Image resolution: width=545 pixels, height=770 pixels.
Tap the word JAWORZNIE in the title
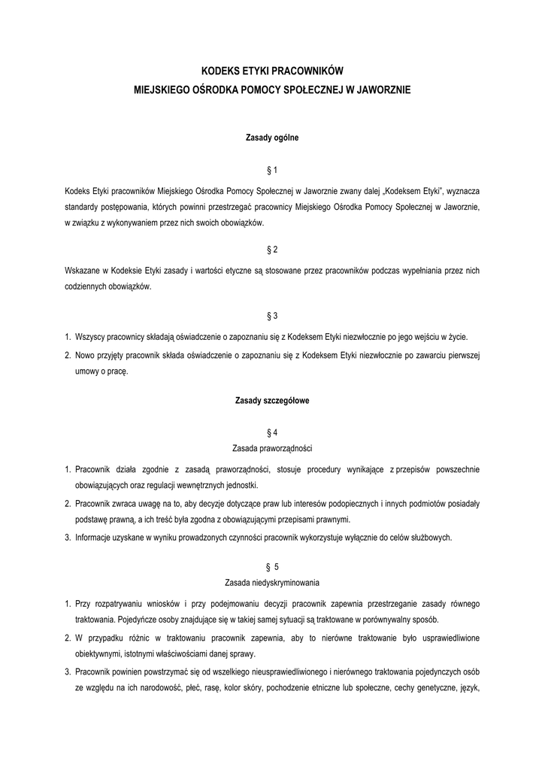coord(379,89)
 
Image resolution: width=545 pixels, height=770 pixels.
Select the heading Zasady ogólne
coord(272,138)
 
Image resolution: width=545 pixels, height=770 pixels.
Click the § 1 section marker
coord(272,171)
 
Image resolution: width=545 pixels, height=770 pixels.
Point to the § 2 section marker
coord(272,249)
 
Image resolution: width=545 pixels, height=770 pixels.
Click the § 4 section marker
coord(272,433)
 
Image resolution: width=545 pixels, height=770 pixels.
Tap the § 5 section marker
coord(272,565)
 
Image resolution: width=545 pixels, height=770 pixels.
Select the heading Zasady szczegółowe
coord(272,401)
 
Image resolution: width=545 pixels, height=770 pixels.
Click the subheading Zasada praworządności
coord(272,448)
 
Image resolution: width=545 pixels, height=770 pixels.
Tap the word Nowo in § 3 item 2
coord(86,354)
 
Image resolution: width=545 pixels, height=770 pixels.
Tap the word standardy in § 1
coord(82,205)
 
